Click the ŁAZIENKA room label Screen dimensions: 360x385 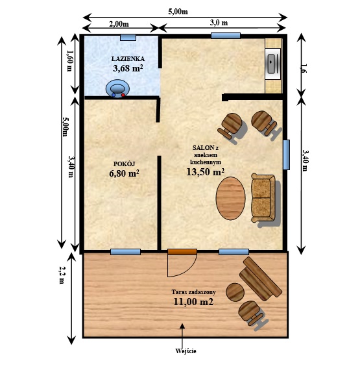coord(128,58)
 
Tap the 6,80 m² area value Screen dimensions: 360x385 coord(125,173)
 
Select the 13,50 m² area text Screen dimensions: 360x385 coord(206,171)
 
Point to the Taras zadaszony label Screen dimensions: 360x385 coord(194,292)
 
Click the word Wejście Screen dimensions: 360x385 coord(186,351)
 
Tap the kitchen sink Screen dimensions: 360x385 coord(272,64)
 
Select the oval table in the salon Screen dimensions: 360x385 coord(230,198)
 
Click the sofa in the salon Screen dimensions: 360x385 coord(263,198)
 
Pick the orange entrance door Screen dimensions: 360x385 coord(182,252)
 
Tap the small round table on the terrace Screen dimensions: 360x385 coord(235,292)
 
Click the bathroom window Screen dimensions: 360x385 coord(128,37)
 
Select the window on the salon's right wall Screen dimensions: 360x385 coord(286,155)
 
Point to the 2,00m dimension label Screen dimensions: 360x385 coord(119,24)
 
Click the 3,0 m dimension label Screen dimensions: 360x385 coord(219,23)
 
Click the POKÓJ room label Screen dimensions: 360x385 coord(125,164)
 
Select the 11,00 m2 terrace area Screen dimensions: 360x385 coord(193,301)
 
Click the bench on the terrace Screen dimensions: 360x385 coord(261,279)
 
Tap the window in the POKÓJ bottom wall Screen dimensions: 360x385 coord(125,252)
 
